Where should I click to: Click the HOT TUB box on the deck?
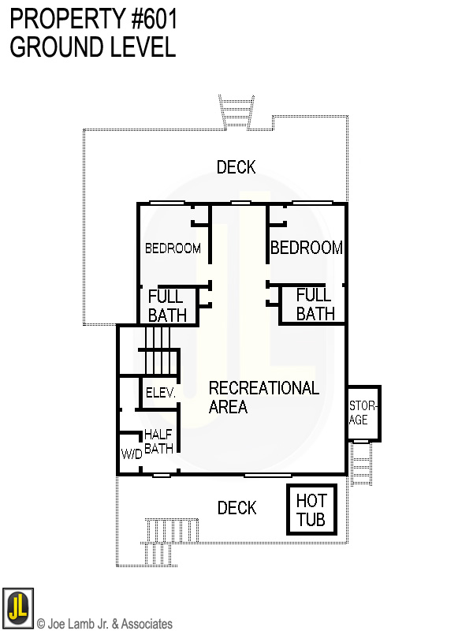coord(311,510)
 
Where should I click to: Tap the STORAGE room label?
coord(363,413)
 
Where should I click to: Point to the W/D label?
coord(131,454)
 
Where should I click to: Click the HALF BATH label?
coord(158,441)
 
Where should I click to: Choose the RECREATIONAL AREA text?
coord(263,398)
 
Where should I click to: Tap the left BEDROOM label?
coord(173,248)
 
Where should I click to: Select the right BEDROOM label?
coord(307,248)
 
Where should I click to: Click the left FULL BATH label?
coord(167,305)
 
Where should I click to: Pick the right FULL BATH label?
coord(315,304)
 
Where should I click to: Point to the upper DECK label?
coord(236,167)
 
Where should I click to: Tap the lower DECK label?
coord(236,508)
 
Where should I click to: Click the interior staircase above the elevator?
coord(155,350)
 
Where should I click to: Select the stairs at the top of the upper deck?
coord(233,110)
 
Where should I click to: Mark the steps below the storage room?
coord(360,461)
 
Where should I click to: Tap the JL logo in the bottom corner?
coord(17,607)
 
